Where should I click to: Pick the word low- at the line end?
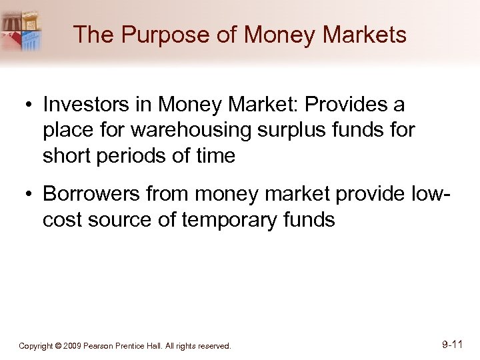(x=427, y=195)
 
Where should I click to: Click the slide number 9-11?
(x=452, y=345)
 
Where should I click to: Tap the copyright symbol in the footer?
(x=58, y=346)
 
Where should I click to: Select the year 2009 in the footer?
(x=72, y=346)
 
